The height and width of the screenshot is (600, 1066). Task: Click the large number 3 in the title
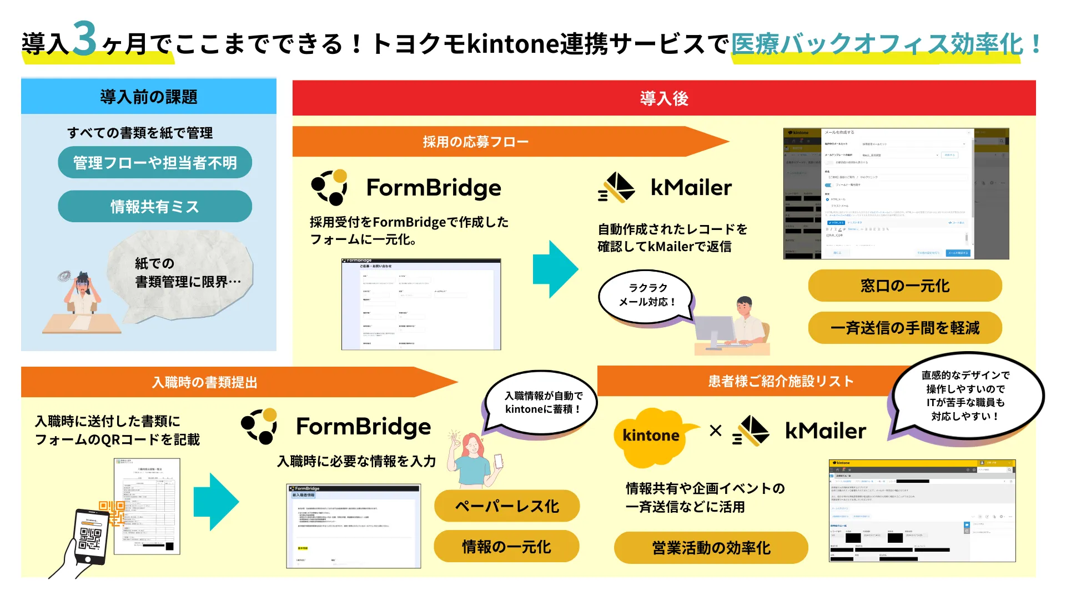[84, 39]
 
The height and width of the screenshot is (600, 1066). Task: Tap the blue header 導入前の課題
[149, 97]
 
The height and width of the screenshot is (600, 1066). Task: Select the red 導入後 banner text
[663, 98]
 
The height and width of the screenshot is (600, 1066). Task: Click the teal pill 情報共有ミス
[154, 207]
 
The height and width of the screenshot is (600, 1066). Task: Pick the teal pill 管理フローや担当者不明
[154, 163]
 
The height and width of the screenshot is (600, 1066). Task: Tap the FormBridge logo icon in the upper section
[329, 188]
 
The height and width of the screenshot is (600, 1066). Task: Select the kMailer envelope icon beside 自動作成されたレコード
[617, 188]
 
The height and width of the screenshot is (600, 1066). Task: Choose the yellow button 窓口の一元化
[904, 286]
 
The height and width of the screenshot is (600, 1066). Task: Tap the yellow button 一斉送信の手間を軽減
[904, 328]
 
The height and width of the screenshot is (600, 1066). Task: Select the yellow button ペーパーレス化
[506, 506]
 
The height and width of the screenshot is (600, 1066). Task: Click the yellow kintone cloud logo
[651, 436]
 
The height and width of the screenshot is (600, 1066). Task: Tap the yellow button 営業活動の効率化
[711, 548]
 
